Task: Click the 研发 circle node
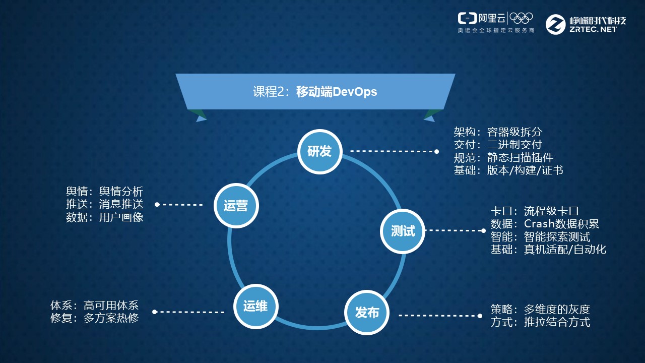[319, 151]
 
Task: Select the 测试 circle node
[403, 230]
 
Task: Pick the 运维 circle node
[255, 306]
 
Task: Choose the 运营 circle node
[236, 205]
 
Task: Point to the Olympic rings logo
[521, 18]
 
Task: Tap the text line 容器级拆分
[514, 132]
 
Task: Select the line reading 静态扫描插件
[521, 157]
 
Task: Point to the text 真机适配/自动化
[565, 249]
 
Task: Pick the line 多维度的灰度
[557, 309]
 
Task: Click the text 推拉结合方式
[557, 322]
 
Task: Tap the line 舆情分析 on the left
[121, 192]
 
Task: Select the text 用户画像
[121, 218]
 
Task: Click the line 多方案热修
[111, 318]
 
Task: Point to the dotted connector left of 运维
[189, 312]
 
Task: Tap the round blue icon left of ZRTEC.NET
[556, 24]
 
